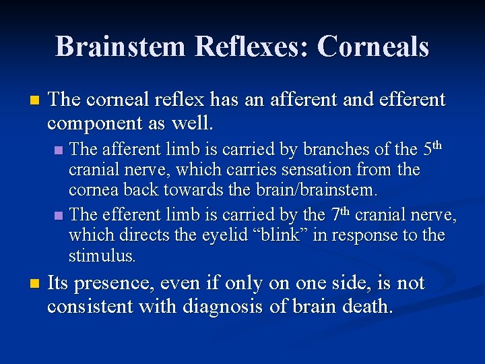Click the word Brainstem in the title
[x=119, y=47]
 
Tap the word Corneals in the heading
[x=373, y=47]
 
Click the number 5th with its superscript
[x=434, y=148]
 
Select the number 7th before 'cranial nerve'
[x=339, y=214]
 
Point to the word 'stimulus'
[x=102, y=256]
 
